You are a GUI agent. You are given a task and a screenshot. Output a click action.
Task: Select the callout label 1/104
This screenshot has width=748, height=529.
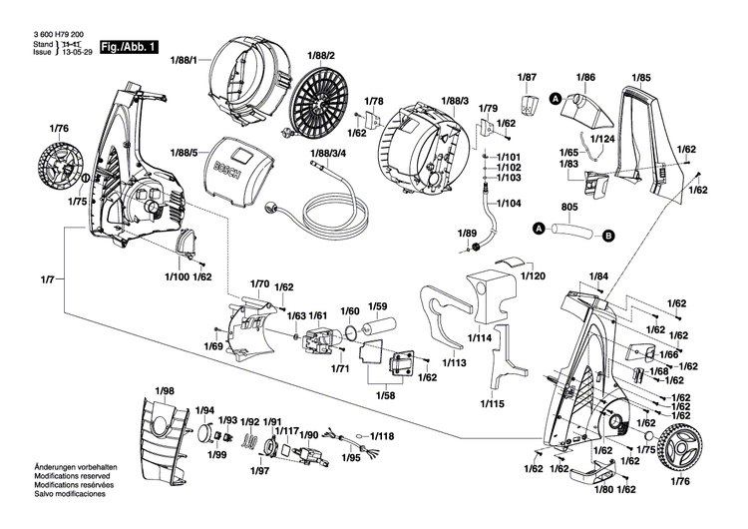508,203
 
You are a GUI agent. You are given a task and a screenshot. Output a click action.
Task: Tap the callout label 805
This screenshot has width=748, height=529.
569,209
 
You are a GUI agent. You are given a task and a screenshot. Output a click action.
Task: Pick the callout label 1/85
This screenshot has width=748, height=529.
641,77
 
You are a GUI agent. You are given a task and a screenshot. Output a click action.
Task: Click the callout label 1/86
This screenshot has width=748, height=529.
585,77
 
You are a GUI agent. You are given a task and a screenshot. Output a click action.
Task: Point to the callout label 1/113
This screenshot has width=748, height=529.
453,364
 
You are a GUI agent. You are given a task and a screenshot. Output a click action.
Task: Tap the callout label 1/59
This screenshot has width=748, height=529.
378,306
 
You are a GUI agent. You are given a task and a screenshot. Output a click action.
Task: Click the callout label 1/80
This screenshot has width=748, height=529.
604,489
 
